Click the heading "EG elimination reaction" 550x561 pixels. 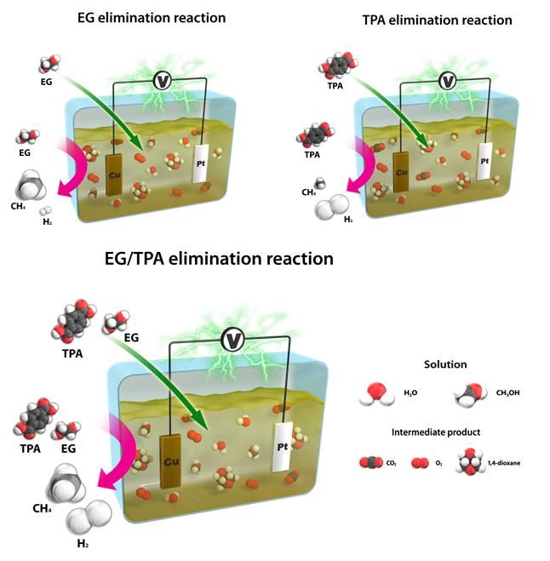point(152,17)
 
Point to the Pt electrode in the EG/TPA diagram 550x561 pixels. point(282,444)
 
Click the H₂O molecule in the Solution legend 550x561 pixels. point(375,392)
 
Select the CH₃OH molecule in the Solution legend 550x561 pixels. point(466,394)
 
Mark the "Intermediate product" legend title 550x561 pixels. point(436,432)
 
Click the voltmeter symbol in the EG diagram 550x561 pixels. point(160,80)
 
